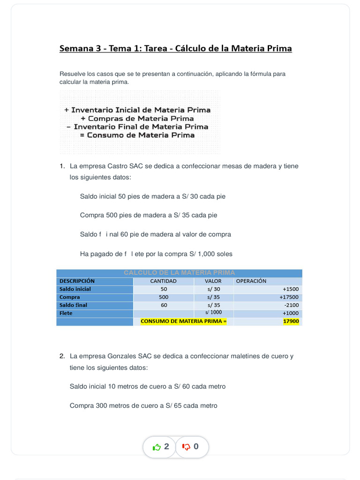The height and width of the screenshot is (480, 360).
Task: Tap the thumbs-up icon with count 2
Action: [x=157, y=447]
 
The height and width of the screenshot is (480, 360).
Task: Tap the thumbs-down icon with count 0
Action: [x=186, y=447]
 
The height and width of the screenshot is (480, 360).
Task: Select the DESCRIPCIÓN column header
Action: [x=77, y=281]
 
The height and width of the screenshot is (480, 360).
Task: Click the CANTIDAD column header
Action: [x=163, y=281]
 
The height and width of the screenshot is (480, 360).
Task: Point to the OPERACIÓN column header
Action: [x=251, y=281]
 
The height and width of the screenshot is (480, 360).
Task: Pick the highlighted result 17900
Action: [x=291, y=321]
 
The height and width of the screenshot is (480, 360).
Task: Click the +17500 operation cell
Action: [x=289, y=297]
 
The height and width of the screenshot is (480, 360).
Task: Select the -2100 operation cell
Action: [x=291, y=305]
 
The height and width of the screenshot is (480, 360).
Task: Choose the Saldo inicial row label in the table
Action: [x=75, y=289]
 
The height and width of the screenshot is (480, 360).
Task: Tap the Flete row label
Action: [x=66, y=313]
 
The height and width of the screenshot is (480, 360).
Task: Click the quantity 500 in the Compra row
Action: [x=164, y=297]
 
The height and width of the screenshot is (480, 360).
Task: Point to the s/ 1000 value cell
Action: [x=213, y=313]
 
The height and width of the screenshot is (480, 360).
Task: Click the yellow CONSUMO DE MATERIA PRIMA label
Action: [x=183, y=321]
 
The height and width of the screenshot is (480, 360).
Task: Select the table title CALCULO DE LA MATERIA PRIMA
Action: [x=180, y=273]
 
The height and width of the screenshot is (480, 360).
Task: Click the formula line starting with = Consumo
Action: [x=137, y=135]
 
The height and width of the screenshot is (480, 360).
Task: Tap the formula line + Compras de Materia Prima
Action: [x=140, y=119]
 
